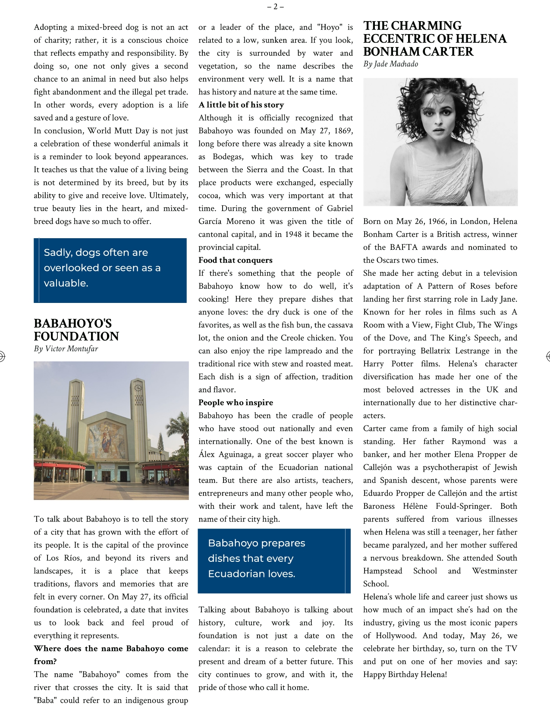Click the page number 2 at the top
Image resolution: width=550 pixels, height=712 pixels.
[x=275, y=6]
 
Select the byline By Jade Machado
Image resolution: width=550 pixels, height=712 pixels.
[x=390, y=64]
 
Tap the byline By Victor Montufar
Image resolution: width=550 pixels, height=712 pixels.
[x=66, y=349]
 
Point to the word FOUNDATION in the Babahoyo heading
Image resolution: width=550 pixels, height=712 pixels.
[x=76, y=337]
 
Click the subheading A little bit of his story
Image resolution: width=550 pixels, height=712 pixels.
[x=241, y=105]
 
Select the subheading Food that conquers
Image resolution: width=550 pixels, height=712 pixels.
[x=236, y=260]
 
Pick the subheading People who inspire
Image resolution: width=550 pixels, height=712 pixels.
[x=236, y=403]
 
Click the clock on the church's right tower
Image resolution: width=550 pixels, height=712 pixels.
[x=138, y=387]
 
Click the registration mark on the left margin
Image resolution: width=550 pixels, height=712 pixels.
[x=2, y=356]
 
